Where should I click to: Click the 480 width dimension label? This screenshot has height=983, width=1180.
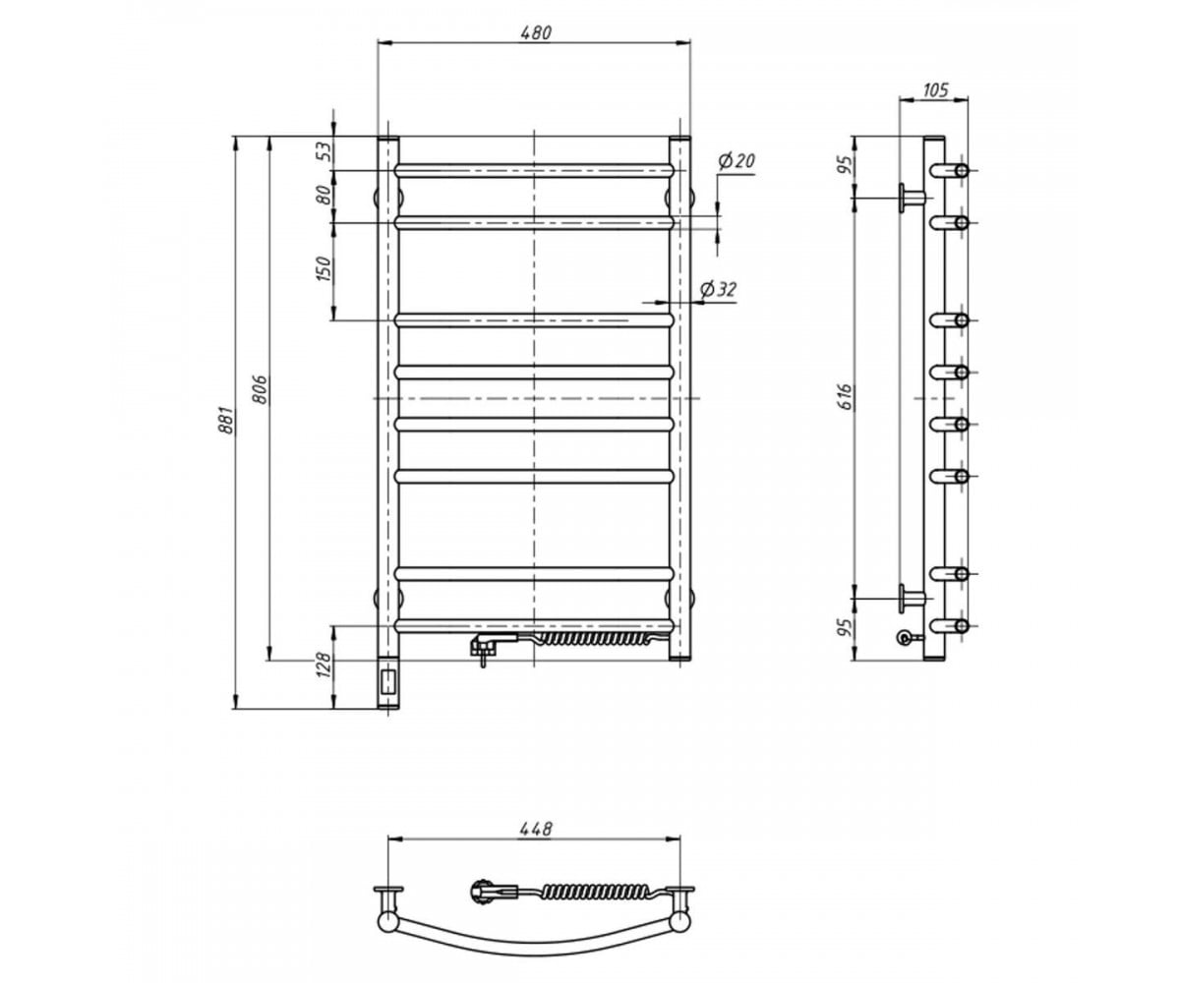pyautogui.click(x=535, y=32)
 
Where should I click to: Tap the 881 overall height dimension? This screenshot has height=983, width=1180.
pyautogui.click(x=225, y=420)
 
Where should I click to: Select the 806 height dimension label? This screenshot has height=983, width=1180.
pyautogui.click(x=260, y=389)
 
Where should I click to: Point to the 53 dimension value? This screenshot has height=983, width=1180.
pyautogui.click(x=324, y=151)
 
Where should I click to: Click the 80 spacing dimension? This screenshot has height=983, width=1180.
pyautogui.click(x=324, y=196)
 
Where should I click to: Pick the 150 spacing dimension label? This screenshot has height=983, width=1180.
pyautogui.click(x=324, y=269)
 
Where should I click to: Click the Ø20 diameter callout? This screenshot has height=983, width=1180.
pyautogui.click(x=737, y=161)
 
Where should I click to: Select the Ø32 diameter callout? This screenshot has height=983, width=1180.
pyautogui.click(x=718, y=289)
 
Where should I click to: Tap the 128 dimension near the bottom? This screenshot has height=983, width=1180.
pyautogui.click(x=324, y=665)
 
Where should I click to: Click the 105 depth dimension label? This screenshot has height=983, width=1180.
pyautogui.click(x=936, y=89)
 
